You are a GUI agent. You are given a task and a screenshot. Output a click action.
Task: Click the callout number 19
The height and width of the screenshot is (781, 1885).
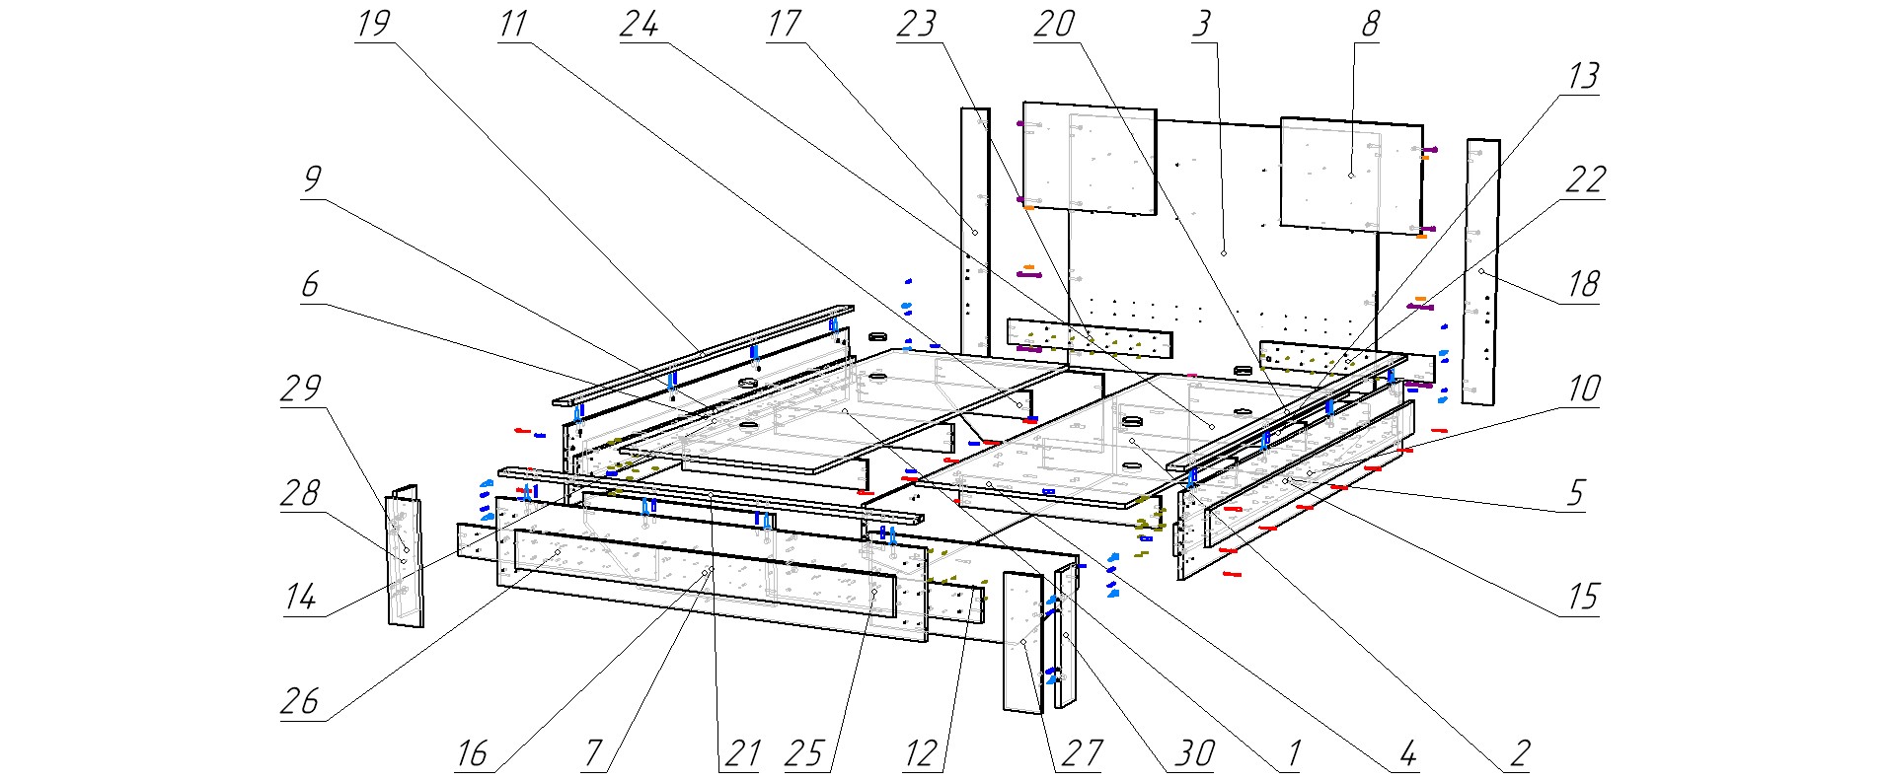(373, 24)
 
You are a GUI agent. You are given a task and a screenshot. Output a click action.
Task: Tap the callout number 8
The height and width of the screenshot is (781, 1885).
(1369, 24)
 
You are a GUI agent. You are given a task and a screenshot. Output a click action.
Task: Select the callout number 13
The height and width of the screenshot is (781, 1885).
(1583, 77)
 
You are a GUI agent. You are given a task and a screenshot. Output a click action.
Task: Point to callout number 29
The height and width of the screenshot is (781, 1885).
(301, 388)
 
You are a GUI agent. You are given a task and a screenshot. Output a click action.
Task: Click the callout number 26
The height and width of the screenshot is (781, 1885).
(301, 701)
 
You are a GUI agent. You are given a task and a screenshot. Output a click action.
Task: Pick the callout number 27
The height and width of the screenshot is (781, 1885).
(1081, 754)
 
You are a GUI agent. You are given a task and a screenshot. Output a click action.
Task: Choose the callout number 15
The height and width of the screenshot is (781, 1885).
(1583, 598)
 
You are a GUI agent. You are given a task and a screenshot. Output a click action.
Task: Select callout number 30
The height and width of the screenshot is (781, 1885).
(1193, 754)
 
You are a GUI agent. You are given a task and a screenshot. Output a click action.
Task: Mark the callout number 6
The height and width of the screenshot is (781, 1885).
(310, 284)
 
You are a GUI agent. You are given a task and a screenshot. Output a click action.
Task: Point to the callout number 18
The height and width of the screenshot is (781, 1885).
(1583, 285)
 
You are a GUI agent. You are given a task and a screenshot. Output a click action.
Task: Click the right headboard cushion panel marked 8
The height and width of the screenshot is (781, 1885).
(1350, 175)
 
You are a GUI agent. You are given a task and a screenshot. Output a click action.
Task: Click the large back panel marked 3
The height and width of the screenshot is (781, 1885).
(1223, 253)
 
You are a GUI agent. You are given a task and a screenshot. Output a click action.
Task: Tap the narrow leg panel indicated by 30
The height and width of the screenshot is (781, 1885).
(1066, 636)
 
